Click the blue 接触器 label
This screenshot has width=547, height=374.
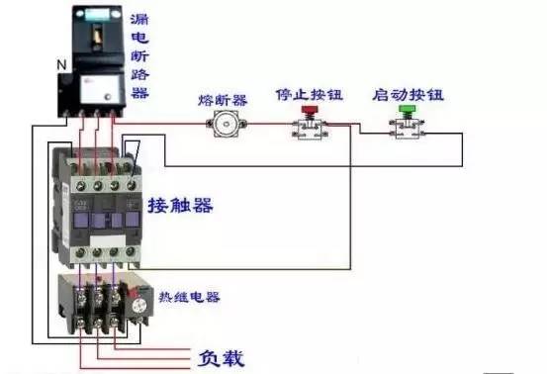point(181,206)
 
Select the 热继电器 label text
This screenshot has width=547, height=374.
point(189,297)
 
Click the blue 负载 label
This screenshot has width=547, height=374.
point(221,355)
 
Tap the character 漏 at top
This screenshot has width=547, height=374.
point(139,19)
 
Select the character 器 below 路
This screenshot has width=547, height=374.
point(139,93)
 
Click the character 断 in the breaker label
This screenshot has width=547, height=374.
point(139,56)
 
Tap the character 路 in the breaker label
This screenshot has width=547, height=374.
point(139,75)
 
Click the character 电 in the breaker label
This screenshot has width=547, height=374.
point(139,38)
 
